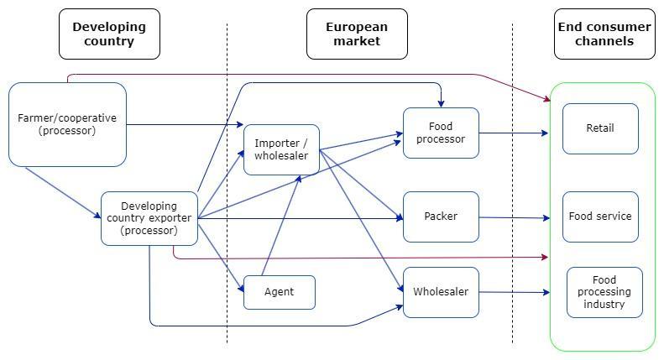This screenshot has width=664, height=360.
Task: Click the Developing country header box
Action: coord(109,34)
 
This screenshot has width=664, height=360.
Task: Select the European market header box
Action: coord(357,34)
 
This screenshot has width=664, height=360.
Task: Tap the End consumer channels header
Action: coord(604,34)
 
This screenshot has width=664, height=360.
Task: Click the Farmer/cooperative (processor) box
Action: coord(67,124)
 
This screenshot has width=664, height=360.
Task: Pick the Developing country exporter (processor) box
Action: coord(149,218)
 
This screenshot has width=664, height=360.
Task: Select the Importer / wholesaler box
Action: coord(281,149)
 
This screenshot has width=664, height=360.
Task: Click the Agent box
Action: coord(280,292)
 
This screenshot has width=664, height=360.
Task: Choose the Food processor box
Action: coord(441,133)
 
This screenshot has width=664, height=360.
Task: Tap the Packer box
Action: coord(441,217)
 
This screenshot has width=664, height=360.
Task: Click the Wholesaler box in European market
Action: coord(441,292)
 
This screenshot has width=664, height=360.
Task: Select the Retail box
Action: coord(600,128)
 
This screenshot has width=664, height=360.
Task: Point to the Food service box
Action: coord(600,217)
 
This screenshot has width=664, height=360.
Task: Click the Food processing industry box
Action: coord(604,292)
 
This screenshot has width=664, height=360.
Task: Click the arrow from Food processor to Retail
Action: coord(514,133)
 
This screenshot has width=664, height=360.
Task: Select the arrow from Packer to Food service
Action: coord(514,217)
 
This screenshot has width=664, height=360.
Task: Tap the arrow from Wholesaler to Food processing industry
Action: coord(514,292)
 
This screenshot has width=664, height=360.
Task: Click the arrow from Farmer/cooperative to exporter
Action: coord(63,193)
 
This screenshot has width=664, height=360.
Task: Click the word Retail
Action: coord(600,128)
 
